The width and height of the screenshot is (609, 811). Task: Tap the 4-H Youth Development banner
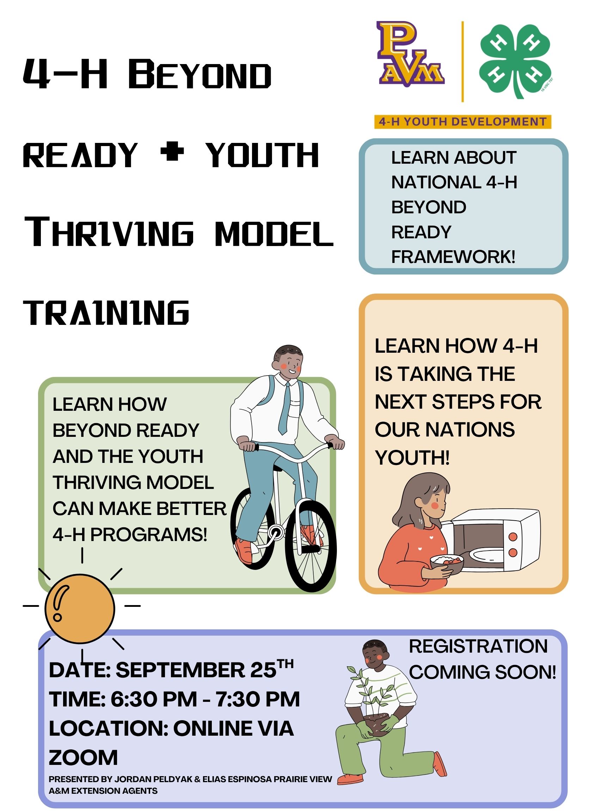462,122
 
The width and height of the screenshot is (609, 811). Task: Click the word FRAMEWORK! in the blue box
453,257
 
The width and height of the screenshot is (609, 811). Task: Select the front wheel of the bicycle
311,545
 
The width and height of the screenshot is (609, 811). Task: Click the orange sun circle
80,609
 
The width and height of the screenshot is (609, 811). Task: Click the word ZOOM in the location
83,757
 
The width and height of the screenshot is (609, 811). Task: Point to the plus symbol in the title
172,152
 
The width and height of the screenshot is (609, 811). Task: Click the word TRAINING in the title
106,312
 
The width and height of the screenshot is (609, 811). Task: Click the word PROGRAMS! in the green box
149,535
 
